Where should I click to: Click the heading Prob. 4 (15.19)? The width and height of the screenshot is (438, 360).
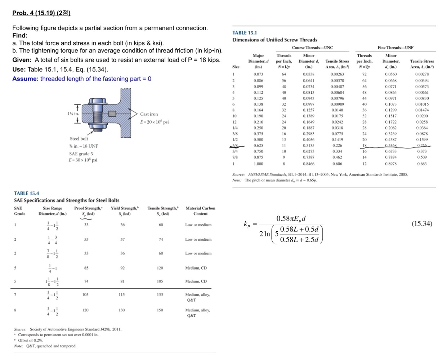[41, 13]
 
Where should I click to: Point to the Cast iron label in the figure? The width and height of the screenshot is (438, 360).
[149, 114]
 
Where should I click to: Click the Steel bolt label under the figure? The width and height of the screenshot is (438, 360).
[79, 139]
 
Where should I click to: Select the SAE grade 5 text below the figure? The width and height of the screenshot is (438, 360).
[81, 154]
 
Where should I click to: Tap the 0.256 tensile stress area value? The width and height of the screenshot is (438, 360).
[422, 146]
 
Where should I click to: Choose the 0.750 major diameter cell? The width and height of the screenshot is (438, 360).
[258, 151]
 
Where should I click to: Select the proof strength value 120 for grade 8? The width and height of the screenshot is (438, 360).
[85, 310]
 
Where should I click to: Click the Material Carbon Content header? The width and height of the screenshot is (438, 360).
[200, 211]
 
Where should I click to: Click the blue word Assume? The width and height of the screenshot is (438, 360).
[25, 79]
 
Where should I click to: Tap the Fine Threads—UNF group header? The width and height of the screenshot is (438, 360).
[395, 48]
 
